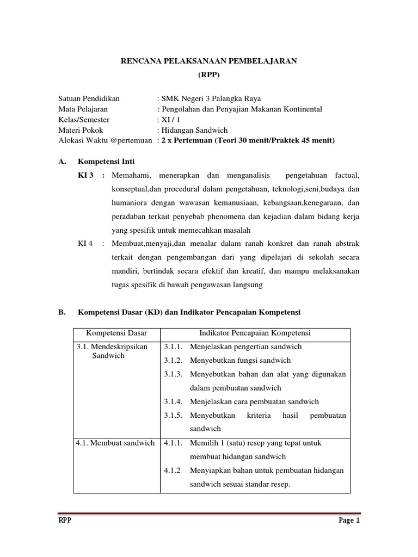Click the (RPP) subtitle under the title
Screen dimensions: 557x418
tap(208, 75)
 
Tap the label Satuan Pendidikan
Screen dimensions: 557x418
tap(89, 98)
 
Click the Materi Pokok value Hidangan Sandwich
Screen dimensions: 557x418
tap(194, 130)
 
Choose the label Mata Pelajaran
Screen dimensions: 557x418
tap(83, 109)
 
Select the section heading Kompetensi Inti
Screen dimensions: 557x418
tap(106, 162)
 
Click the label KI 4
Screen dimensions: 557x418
tap(86, 243)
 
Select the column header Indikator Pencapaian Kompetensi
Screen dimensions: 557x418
tap(255, 333)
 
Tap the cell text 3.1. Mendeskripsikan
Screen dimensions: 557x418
tap(112, 346)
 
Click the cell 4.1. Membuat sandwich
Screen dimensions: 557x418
tap(115, 443)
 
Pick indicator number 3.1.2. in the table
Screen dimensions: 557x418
tap(174, 360)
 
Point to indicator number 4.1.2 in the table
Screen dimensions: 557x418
tap(173, 470)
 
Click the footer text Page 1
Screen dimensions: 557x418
tap(349, 520)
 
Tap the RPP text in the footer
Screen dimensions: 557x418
tap(65, 520)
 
